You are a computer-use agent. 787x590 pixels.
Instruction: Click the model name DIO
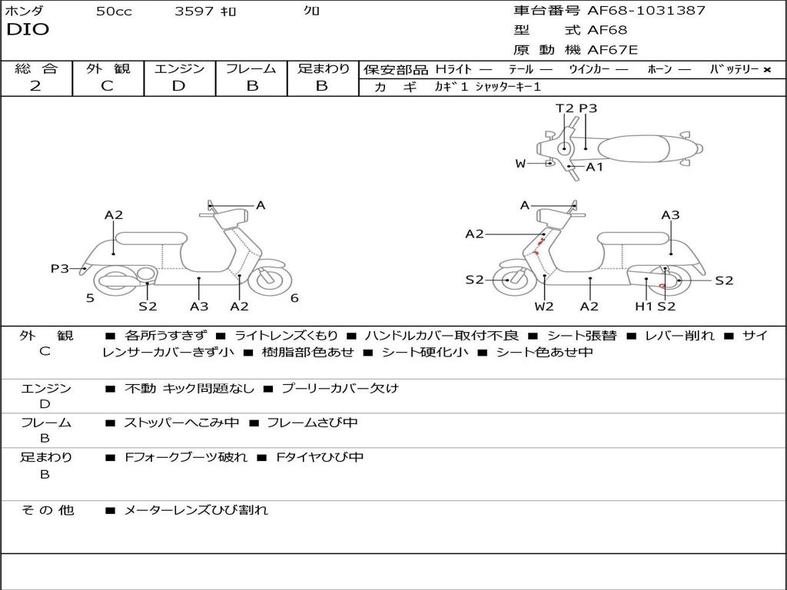tap(28, 30)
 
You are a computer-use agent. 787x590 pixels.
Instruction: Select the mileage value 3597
tap(194, 12)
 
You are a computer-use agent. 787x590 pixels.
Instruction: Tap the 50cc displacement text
tap(114, 12)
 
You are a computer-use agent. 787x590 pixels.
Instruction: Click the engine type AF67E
tap(613, 51)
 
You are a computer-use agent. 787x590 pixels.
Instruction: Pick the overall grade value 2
tap(35, 86)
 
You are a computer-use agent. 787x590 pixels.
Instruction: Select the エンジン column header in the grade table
tap(179, 69)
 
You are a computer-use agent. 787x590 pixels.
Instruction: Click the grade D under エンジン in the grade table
tap(179, 86)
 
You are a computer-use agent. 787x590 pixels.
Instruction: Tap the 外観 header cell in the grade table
tap(108, 69)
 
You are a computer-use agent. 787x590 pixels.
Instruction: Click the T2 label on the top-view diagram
tap(564, 108)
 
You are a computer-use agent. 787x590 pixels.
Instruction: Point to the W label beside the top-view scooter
tap(520, 164)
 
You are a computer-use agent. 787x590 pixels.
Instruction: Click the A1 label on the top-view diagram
tap(595, 167)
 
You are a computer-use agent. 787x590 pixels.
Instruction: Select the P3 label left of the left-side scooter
tap(60, 269)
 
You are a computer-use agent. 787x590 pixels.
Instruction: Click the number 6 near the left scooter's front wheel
tap(294, 298)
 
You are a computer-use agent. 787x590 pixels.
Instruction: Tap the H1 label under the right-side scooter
tap(643, 307)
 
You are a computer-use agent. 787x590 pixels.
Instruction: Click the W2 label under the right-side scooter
tap(544, 307)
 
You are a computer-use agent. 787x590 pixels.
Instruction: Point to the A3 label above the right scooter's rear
tap(670, 215)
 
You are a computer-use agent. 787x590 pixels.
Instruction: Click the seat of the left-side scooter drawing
tap(151, 238)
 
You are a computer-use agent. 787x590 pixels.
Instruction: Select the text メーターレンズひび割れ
tap(196, 510)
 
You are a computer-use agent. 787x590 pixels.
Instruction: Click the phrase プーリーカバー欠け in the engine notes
tap(340, 389)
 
